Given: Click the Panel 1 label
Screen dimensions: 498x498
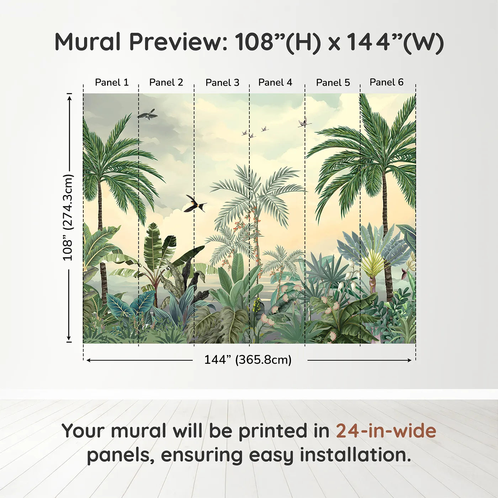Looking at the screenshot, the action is [x=112, y=82].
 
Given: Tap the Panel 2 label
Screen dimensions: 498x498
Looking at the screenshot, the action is [x=166, y=82].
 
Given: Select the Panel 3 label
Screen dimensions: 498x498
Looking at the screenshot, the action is [x=222, y=83].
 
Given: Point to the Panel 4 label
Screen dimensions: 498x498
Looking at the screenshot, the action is [x=275, y=82].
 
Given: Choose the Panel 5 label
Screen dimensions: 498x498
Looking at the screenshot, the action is [x=333, y=83].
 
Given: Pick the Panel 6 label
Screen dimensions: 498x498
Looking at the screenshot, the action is [x=386, y=82].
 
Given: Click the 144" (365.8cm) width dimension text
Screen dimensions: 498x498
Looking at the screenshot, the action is [x=248, y=360].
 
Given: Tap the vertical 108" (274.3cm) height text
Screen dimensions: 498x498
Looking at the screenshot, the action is [x=68, y=217].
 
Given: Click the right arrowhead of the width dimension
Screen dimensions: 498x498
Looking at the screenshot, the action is [x=409, y=360].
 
